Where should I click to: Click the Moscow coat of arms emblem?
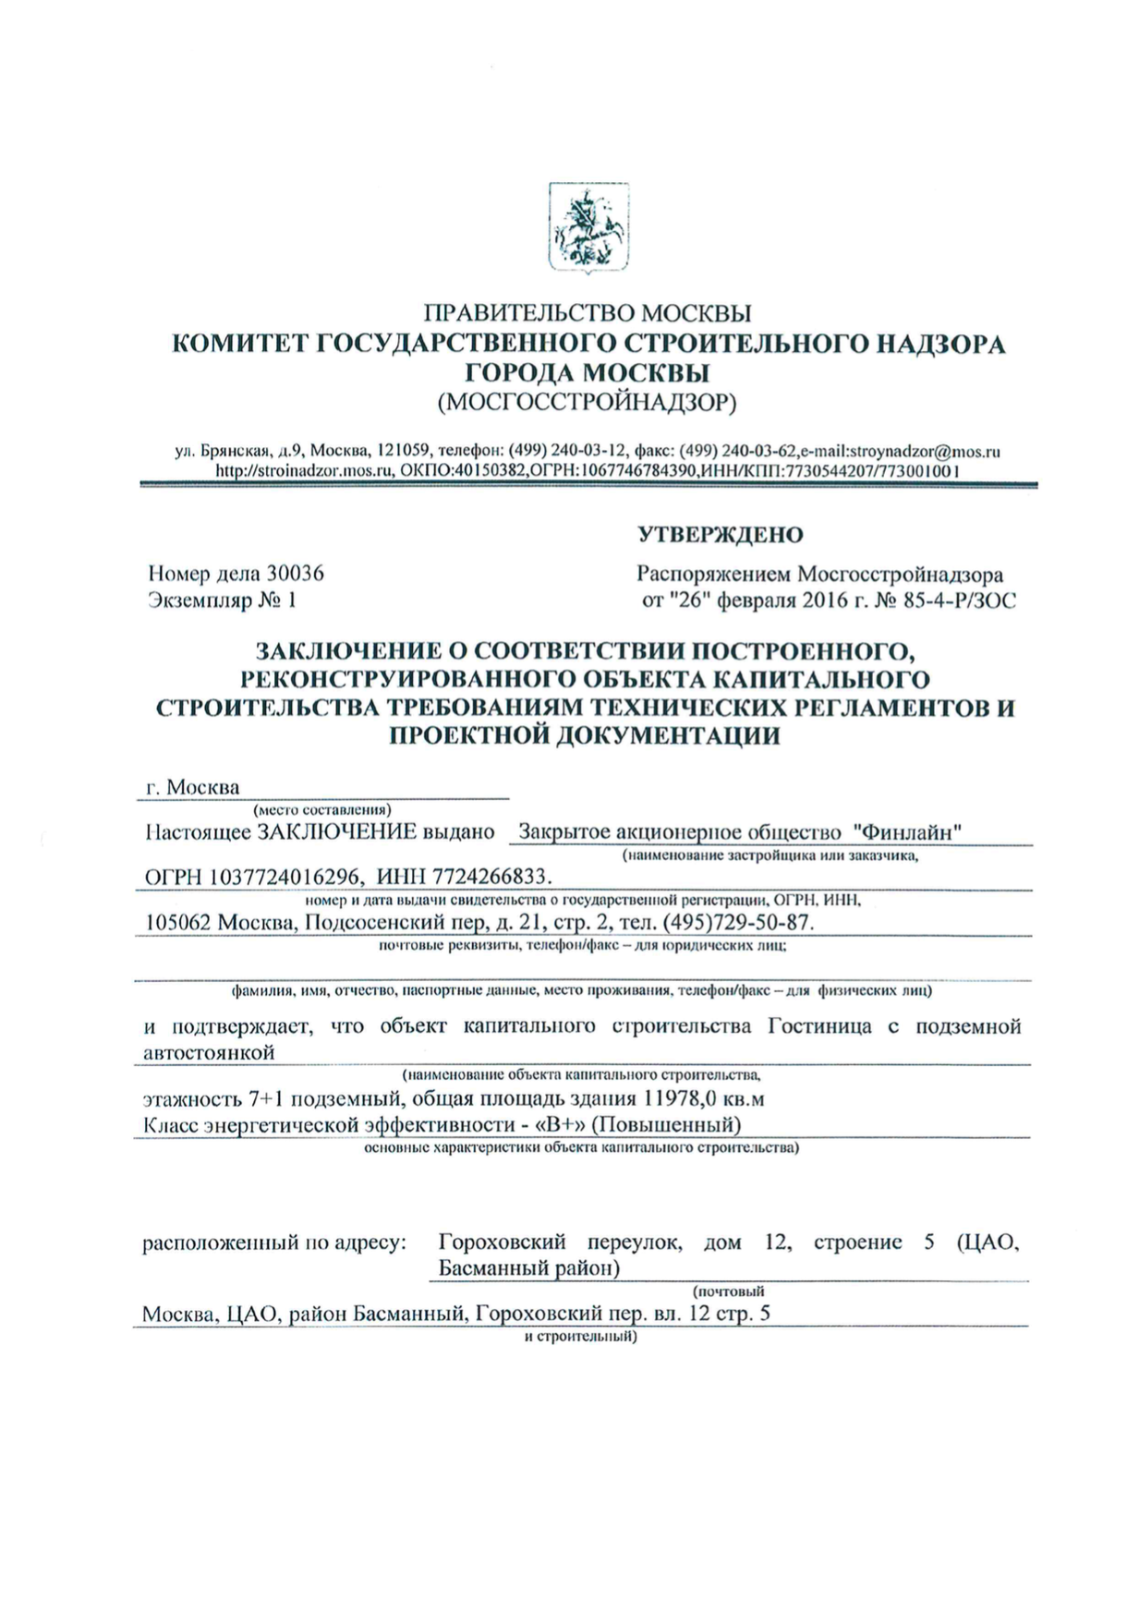[588, 227]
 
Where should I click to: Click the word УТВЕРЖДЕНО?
[720, 535]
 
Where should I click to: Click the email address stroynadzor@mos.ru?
[924, 452]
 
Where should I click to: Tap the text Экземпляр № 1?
[223, 600]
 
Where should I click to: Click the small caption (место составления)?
[316, 809]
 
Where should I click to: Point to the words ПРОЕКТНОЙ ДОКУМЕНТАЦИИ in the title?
[584, 735]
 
